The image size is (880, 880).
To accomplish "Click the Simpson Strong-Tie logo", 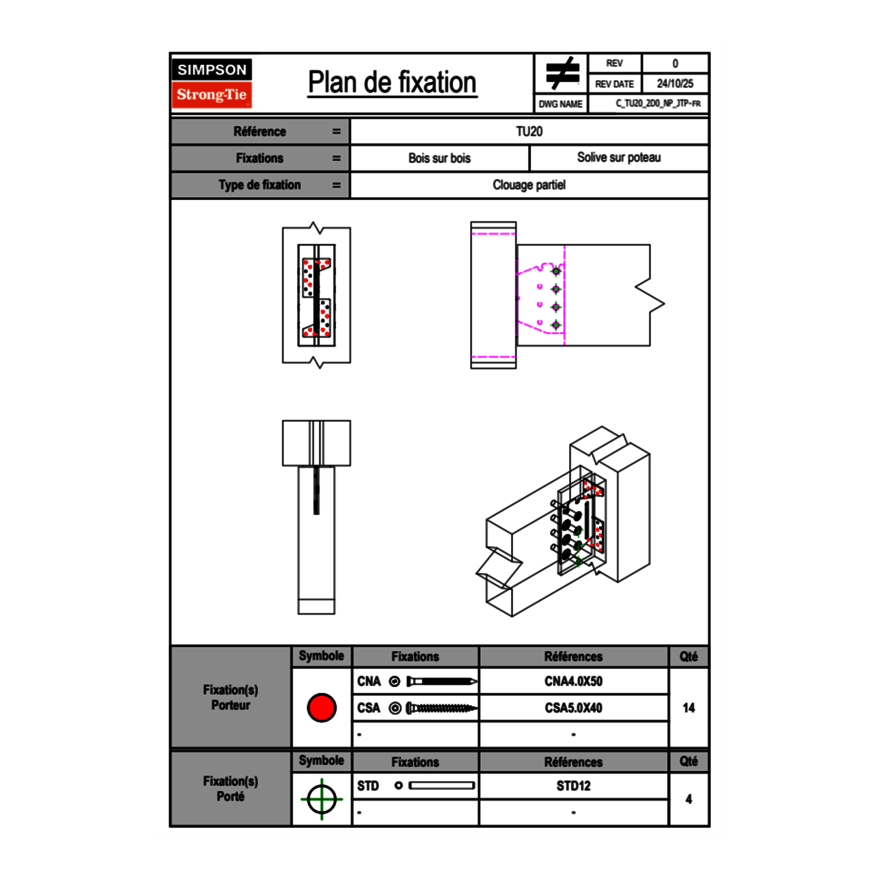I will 212,83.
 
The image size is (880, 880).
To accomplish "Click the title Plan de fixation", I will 391,83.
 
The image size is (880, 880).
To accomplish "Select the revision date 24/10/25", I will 675,84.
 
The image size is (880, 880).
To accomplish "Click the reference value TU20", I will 529,131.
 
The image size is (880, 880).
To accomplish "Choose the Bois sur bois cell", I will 439,158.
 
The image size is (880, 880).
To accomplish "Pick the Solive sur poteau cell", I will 618,158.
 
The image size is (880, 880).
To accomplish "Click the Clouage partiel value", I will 529,185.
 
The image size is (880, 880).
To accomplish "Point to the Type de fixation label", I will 259,185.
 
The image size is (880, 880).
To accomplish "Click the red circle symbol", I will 321,708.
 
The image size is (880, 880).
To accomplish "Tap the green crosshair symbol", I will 320,799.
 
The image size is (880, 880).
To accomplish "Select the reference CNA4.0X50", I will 573,681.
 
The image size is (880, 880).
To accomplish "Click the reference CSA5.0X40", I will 573,708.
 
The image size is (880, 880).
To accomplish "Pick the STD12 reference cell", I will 573,786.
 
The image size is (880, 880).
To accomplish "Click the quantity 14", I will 688,708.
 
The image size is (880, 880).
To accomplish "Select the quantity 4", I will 688,799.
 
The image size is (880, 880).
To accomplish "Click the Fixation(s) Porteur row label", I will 230,697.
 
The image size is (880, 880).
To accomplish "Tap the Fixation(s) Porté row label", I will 230,788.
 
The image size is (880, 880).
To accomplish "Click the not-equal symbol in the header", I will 562,74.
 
